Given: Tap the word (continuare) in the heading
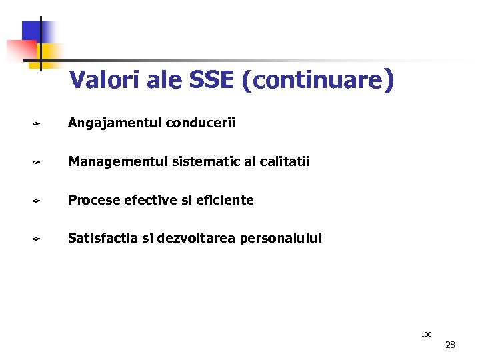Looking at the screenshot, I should point(318,81).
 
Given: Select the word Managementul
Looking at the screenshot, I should point(117,162).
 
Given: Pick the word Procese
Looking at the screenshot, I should point(93,200).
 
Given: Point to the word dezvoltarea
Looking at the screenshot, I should point(189,238).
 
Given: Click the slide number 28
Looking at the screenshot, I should point(450,345).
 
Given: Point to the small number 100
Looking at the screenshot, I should point(427,334).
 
